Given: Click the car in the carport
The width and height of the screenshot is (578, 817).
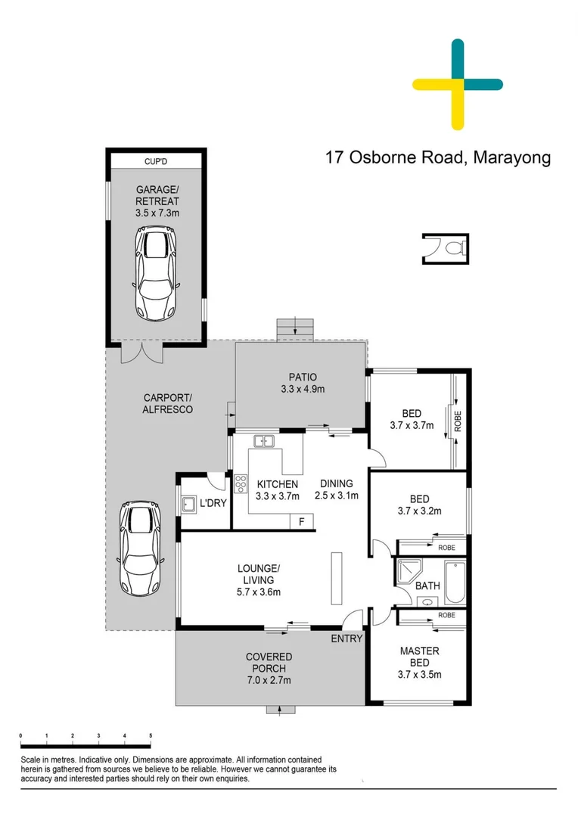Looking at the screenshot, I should [140, 548].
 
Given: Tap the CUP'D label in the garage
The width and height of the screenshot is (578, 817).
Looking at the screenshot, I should [157, 161].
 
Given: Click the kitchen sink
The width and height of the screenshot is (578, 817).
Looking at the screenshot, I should [264, 441].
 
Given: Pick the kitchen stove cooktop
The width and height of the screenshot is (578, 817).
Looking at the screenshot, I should [241, 483].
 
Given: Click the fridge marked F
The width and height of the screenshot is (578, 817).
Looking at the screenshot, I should [302, 521].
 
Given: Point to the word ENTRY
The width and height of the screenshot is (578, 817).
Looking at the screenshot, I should [346, 638].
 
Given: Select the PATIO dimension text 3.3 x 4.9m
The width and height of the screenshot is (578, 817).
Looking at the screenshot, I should [302, 390].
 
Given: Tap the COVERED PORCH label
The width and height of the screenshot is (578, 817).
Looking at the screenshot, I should [269, 663].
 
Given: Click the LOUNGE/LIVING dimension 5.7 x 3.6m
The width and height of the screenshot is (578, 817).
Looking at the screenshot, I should [259, 592].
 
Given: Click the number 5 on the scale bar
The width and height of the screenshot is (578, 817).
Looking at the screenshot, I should [151, 735].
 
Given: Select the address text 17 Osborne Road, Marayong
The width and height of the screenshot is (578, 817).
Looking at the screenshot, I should [437, 158].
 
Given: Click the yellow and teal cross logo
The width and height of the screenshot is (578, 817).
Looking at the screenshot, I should [458, 84].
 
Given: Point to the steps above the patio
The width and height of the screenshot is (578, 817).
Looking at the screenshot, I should [294, 329].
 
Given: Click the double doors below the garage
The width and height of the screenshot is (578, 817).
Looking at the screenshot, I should [140, 352].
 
